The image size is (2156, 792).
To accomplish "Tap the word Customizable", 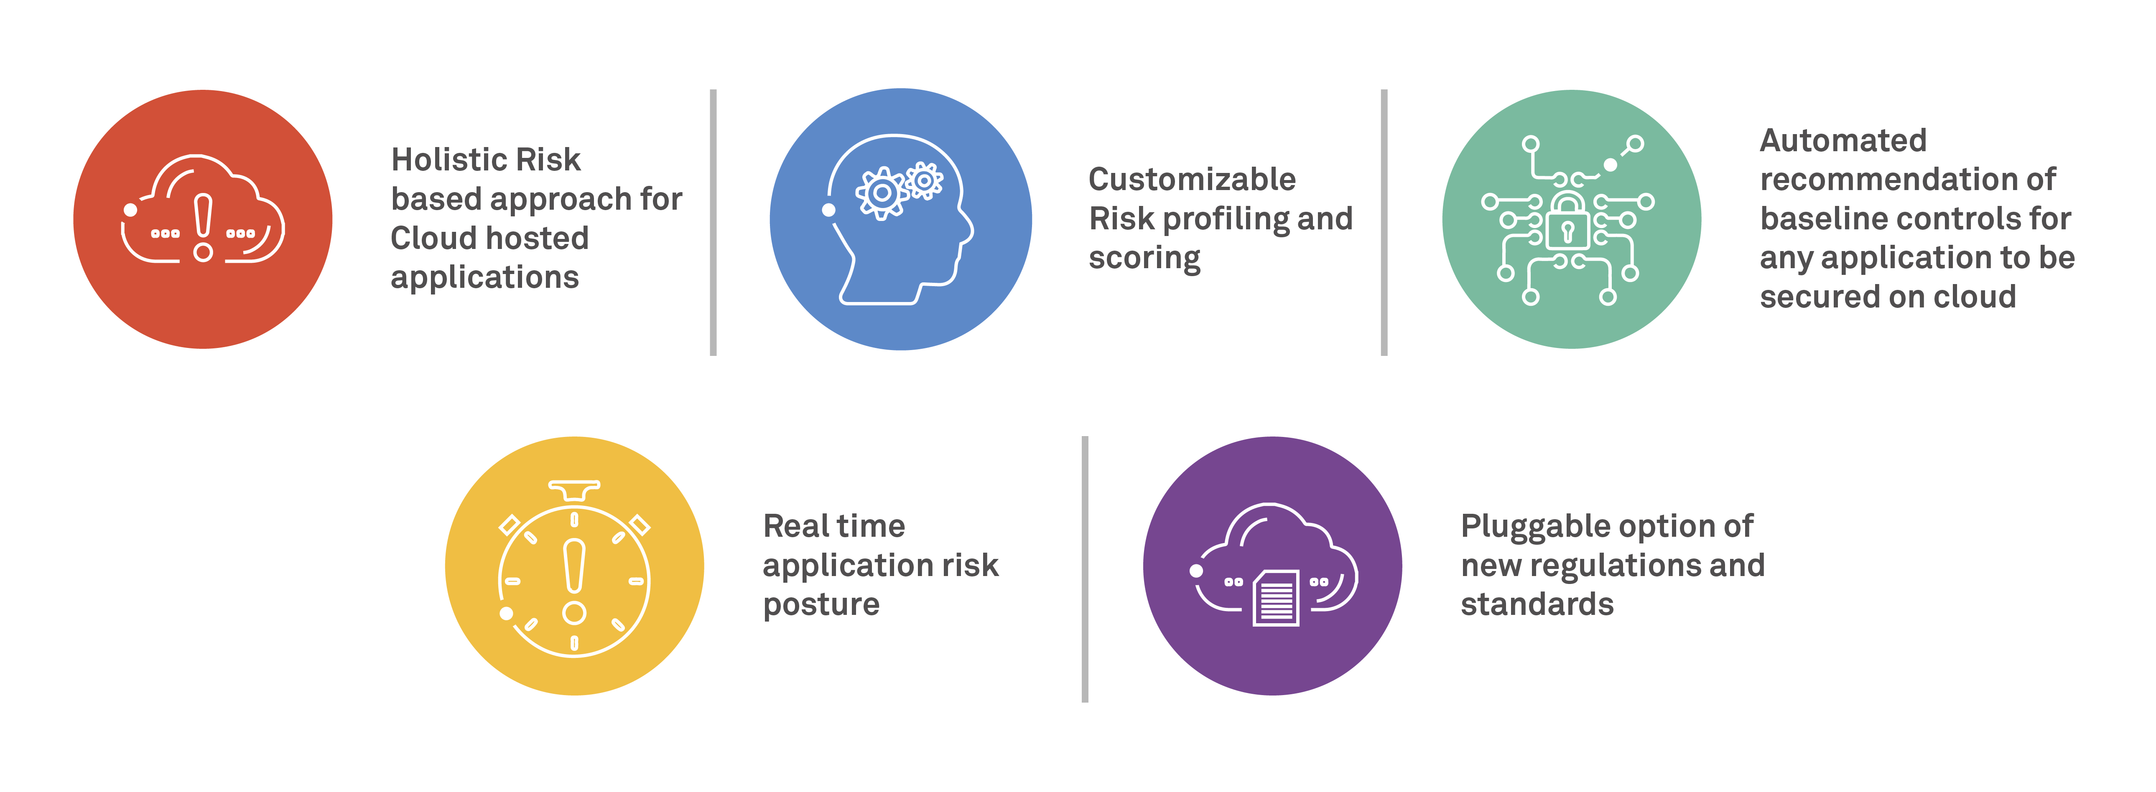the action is tap(1192, 179).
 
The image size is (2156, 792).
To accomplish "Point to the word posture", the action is tap(821, 605).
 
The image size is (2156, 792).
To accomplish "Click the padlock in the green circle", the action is tap(1567, 221).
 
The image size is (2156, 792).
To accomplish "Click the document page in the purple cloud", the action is tap(1276, 597).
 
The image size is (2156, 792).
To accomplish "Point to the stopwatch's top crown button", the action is tap(574, 489).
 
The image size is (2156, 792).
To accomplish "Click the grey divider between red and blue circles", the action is tap(713, 223).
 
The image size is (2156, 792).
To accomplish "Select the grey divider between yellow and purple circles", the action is tap(1085, 569).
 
